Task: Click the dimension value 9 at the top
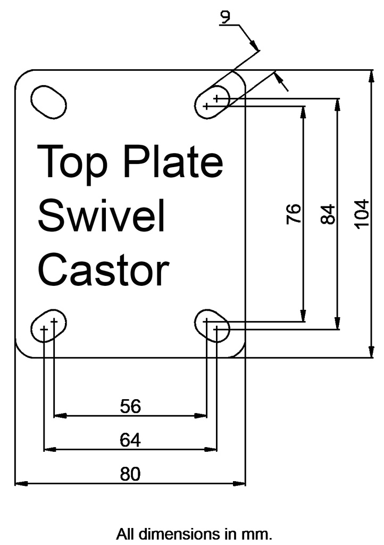[x=226, y=18]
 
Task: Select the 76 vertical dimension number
[x=294, y=213]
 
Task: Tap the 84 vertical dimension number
[x=328, y=213]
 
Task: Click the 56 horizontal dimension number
[x=130, y=406]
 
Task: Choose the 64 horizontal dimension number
[x=130, y=440]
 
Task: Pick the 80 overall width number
[x=130, y=474]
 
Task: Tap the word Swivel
[x=101, y=216]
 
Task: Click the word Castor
[x=104, y=269]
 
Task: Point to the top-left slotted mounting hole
[x=49, y=101]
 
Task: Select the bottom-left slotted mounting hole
[x=48, y=326]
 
